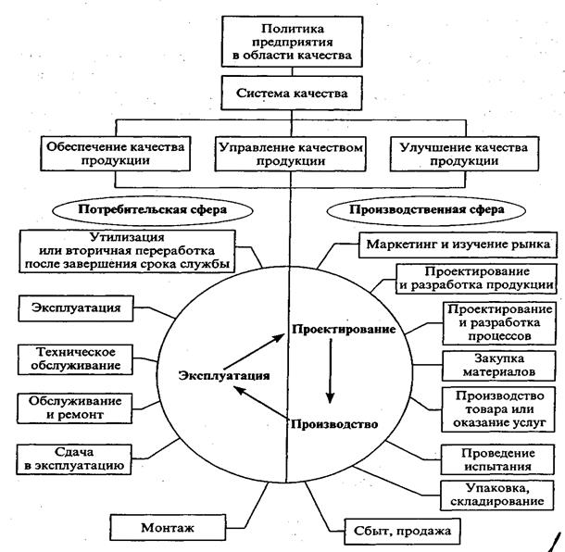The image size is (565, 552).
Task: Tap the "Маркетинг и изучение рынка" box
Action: point(456,245)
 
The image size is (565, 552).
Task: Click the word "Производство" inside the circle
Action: point(333,425)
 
